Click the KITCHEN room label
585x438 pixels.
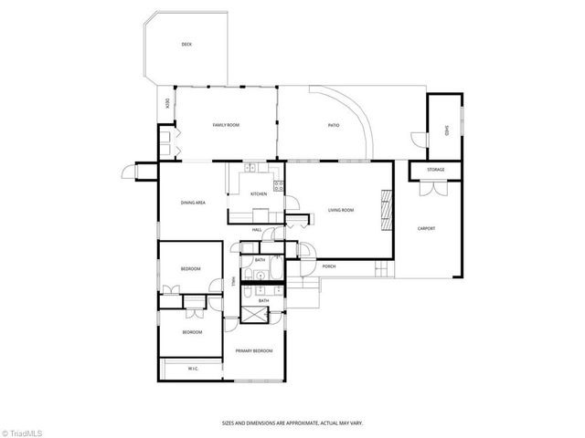[259, 193]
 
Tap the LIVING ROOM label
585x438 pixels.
[341, 210]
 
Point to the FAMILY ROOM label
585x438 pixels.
[226, 124]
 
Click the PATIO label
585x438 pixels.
[335, 124]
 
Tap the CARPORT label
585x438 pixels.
[426, 227]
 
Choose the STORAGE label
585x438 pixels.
[436, 170]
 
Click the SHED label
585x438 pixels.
[446, 130]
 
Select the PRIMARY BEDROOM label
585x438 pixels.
[254, 350]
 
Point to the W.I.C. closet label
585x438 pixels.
[194, 369]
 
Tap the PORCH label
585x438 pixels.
[328, 266]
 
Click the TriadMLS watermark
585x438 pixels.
[25, 429]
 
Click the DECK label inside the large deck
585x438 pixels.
[186, 44]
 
